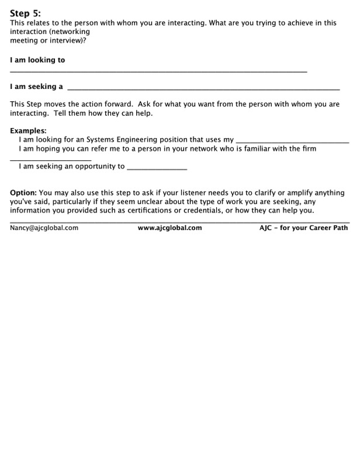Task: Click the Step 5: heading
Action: tap(25, 13)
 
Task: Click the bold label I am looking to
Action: tap(37, 60)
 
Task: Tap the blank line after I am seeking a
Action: tap(203, 89)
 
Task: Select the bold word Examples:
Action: tap(28, 131)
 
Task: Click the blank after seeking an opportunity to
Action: tap(157, 168)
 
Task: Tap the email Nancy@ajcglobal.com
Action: tap(44, 228)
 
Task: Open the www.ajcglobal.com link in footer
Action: tap(169, 228)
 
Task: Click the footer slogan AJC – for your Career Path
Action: tap(303, 228)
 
